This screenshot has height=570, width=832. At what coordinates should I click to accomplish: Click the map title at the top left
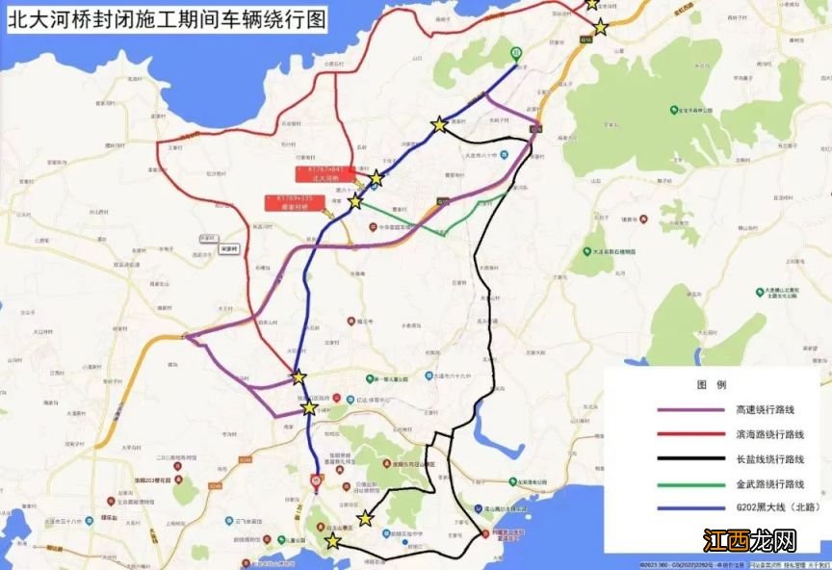click(165, 20)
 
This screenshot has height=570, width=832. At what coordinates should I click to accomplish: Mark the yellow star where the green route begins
click(355, 201)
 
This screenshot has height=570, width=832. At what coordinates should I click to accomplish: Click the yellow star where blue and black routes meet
click(439, 124)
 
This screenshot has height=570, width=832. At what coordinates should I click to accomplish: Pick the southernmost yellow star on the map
click(333, 542)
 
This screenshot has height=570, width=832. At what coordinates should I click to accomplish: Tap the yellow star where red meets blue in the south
click(299, 376)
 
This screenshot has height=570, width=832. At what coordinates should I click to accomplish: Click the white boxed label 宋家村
click(228, 247)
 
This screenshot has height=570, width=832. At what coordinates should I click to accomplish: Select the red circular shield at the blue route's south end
click(316, 479)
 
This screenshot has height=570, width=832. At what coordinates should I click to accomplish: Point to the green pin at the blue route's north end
click(516, 54)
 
